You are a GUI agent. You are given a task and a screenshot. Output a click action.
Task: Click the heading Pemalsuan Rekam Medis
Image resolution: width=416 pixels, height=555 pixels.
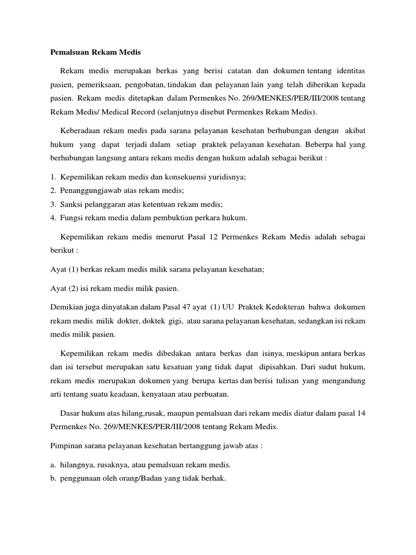(95, 53)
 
